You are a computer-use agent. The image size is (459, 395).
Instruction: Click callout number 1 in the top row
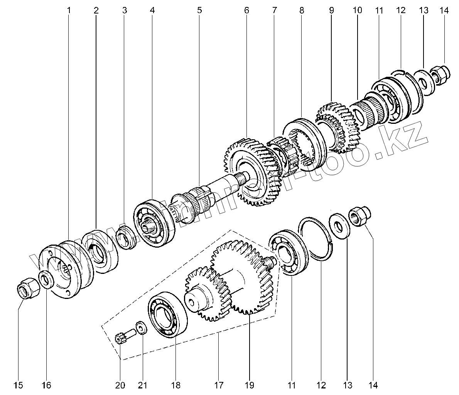(69, 10)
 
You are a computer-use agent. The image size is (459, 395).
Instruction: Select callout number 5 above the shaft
(199, 10)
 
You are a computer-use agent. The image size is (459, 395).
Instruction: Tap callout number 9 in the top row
(331, 10)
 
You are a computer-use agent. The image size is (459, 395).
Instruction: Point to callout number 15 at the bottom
(19, 385)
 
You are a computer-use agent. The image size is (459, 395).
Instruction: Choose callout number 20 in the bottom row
(120, 385)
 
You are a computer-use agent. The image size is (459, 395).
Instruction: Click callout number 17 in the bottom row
(219, 385)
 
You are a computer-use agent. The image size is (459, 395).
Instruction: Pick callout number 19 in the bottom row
(249, 385)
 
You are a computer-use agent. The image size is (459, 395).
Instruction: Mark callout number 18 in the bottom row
(175, 385)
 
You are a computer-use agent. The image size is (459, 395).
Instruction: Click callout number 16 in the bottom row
(46, 385)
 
